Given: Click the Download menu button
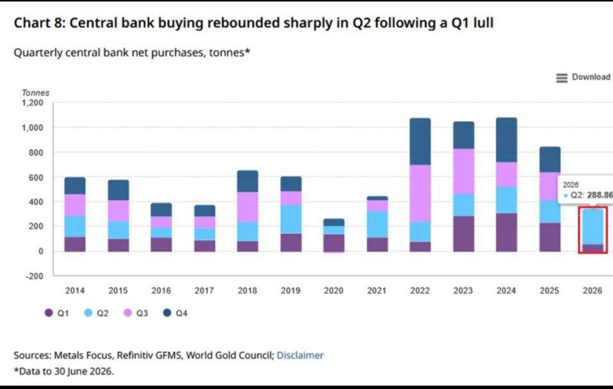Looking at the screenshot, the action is (x=583, y=77).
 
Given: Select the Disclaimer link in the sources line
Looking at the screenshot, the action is (x=300, y=355).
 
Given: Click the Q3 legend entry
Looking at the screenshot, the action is (x=136, y=313).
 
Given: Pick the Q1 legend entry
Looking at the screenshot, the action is (x=57, y=313).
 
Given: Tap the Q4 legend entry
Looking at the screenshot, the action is (x=175, y=313).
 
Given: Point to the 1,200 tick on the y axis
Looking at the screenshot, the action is (x=32, y=103).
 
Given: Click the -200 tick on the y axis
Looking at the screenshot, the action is (x=34, y=275).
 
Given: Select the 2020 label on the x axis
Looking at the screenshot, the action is (x=333, y=290).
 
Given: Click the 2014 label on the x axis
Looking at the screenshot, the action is (x=74, y=290).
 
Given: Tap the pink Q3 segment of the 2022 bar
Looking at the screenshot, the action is (x=420, y=193).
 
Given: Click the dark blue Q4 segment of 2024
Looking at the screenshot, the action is (x=507, y=140).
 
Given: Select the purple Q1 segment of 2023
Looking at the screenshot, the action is (x=464, y=234).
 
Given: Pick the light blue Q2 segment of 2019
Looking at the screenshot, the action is (x=291, y=219).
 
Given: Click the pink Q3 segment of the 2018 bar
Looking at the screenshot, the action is (x=248, y=207).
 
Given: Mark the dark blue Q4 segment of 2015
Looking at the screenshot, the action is (x=118, y=190).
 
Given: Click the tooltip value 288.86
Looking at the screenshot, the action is (x=600, y=194).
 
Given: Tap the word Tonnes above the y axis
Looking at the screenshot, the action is (x=35, y=93).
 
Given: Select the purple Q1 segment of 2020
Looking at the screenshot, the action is (x=334, y=243).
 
